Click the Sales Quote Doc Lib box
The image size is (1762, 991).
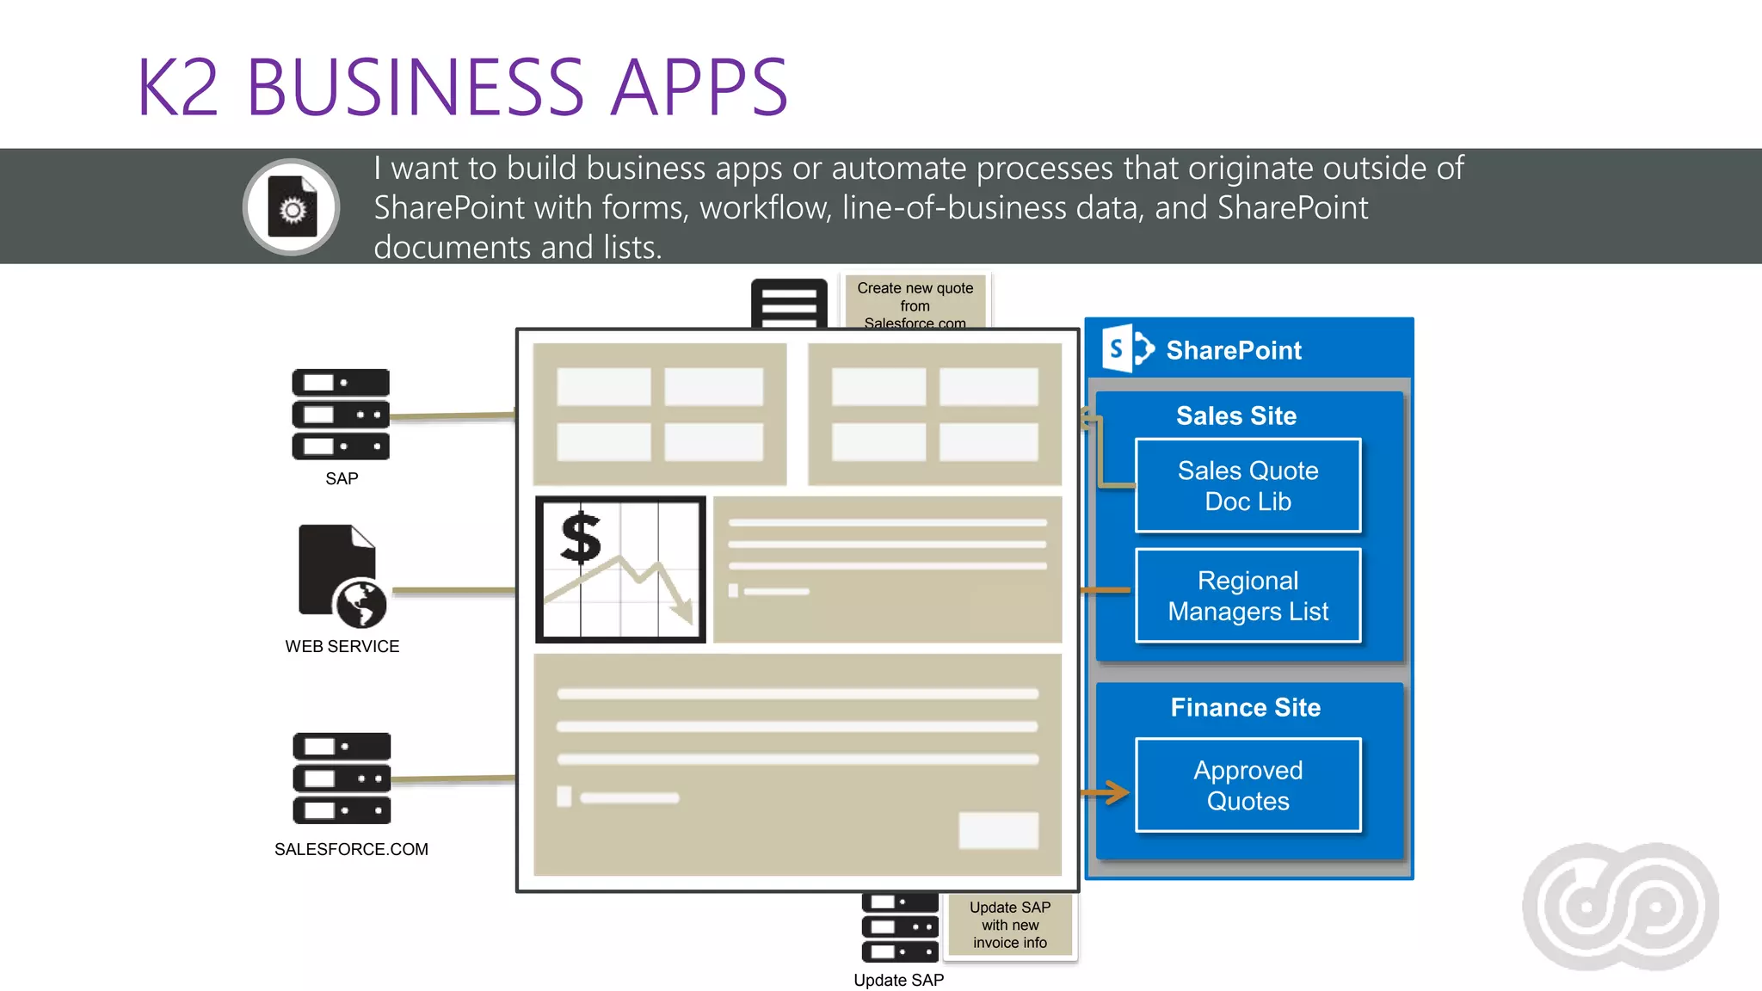1248,486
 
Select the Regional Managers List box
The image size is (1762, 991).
1248,595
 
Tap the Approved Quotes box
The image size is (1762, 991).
1248,785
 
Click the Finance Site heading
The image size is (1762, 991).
1245,707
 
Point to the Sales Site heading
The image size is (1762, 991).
1235,415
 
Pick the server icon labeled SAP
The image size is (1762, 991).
341,414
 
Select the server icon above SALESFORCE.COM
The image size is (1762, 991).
342,778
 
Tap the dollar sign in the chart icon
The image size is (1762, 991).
582,538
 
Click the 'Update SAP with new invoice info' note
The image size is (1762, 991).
1009,925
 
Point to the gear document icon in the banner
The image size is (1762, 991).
292,206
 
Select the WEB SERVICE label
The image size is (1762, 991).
342,646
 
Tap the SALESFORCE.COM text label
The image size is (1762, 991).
351,849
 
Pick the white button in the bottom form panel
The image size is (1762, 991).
998,830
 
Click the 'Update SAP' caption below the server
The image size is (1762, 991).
898,980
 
